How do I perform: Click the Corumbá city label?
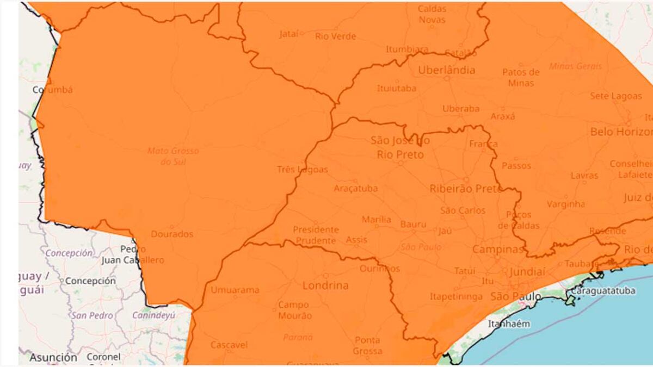pos(52,90)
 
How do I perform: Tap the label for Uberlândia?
pos(446,70)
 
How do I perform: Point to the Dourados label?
pos(171,234)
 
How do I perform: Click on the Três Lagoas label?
pos(303,170)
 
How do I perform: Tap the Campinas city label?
pos(497,249)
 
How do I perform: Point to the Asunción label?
pos(53,358)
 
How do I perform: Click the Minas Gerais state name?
pos(575,66)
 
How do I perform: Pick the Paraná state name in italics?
pos(298,337)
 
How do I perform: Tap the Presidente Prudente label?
pos(316,234)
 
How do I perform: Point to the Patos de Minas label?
pos(521,78)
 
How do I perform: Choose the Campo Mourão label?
pos(294,310)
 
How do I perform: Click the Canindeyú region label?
pos(153,315)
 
